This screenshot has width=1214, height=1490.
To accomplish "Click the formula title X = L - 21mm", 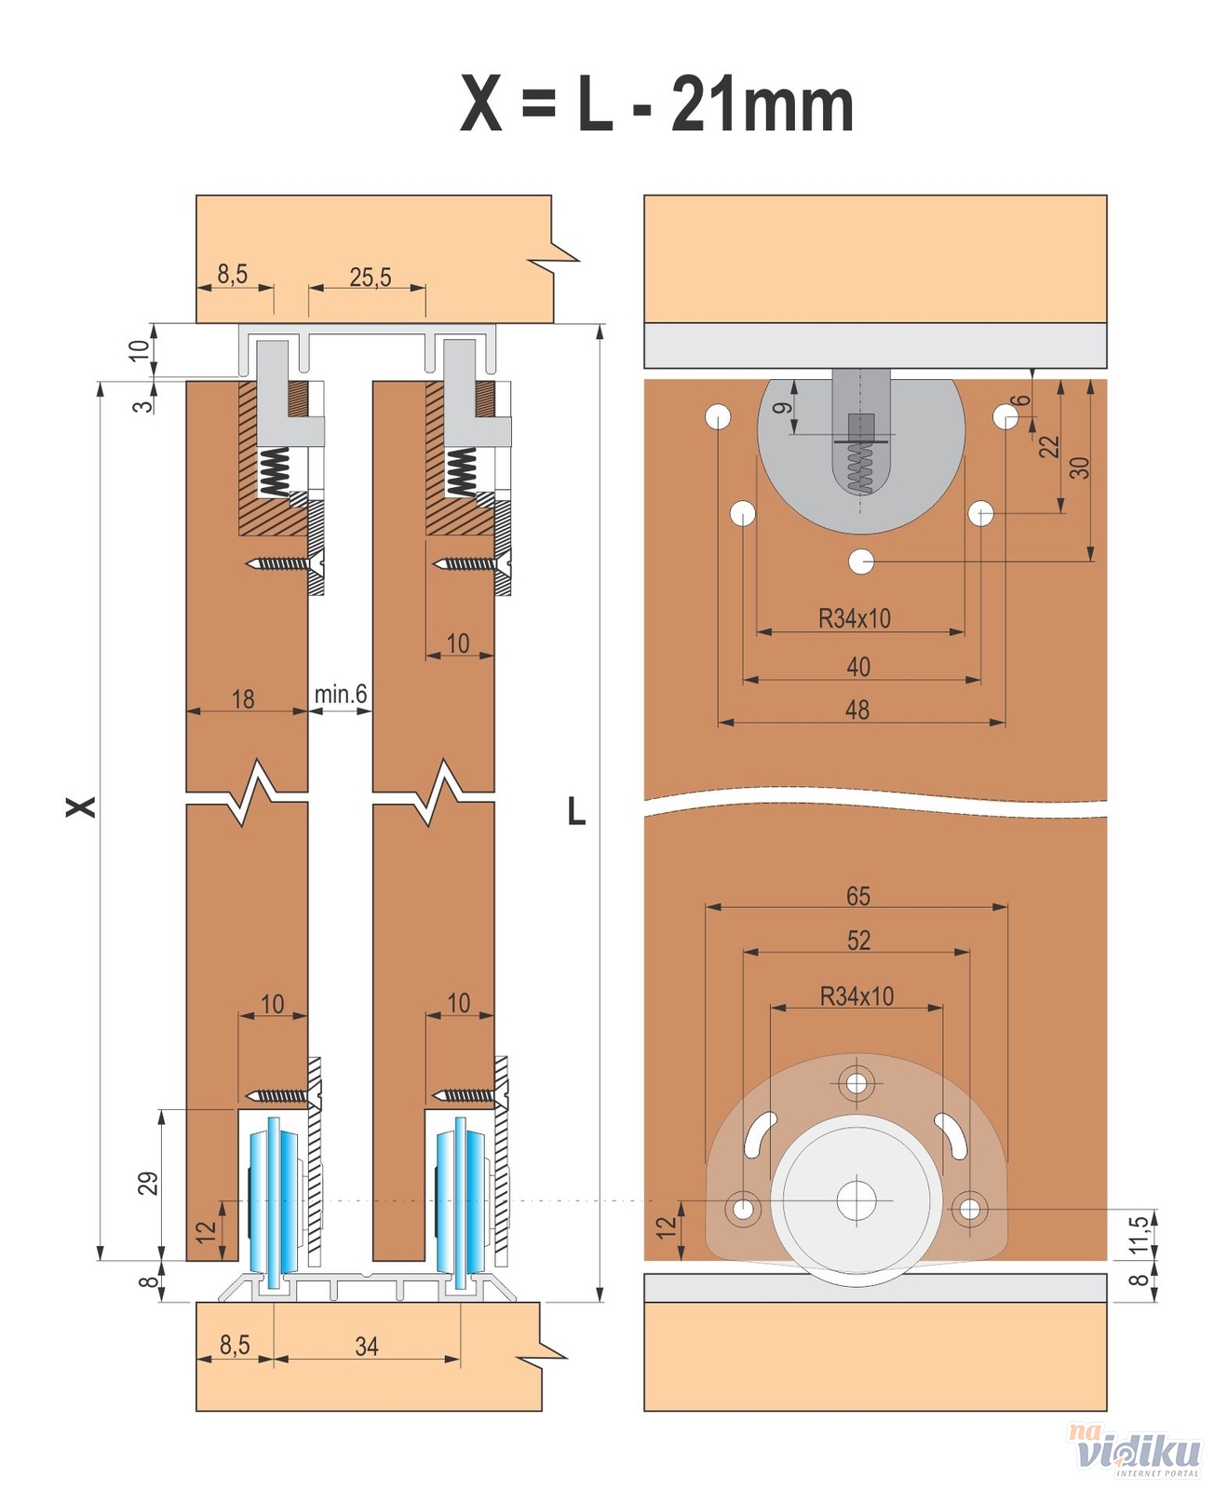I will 656,104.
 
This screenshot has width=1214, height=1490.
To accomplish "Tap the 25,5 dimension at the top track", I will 370,277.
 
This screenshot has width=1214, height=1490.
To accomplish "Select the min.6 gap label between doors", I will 340,694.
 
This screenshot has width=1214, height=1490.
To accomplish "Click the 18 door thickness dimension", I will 242,698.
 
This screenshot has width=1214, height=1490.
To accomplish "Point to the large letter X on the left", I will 81,806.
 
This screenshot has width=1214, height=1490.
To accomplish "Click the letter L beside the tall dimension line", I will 576,812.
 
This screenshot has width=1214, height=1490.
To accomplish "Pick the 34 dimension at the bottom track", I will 366,1347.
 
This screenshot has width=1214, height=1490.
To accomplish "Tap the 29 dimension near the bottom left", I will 148,1183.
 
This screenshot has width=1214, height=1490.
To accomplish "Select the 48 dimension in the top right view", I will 857,710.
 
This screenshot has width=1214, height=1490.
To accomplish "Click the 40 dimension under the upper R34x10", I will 857,667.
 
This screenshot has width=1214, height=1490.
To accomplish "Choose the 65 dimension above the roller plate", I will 857,896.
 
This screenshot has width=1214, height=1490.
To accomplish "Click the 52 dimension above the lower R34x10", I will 857,941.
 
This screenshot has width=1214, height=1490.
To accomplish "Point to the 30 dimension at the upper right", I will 1079,467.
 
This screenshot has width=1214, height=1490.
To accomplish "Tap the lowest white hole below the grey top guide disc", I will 861,562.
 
